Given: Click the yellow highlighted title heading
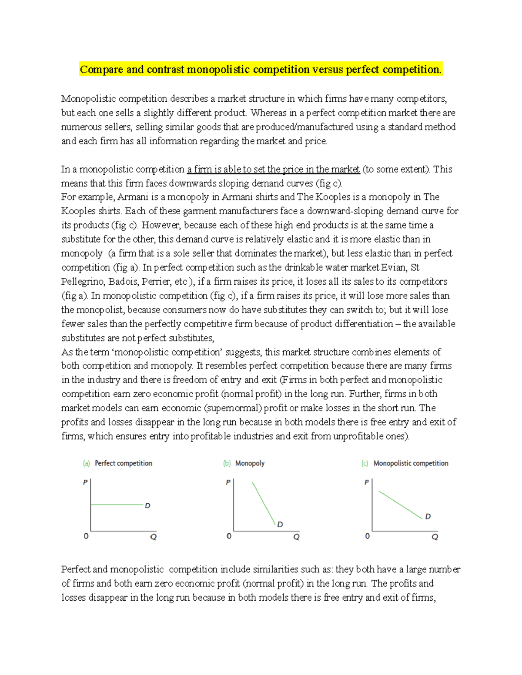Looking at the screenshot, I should (x=260, y=70).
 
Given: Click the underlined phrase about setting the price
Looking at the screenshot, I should (x=273, y=169).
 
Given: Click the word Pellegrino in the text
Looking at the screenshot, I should (x=83, y=282).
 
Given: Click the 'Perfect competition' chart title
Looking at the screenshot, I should (x=123, y=463).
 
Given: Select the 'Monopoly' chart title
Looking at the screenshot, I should (x=250, y=463).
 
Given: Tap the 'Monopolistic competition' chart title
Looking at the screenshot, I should (x=411, y=463).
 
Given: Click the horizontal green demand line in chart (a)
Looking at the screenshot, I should (x=117, y=505).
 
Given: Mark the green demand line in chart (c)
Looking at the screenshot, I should (x=400, y=505).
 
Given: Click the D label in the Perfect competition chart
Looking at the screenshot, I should (x=147, y=506).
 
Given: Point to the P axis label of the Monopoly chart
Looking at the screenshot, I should (x=228, y=482).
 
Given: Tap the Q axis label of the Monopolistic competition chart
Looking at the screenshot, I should (x=435, y=537).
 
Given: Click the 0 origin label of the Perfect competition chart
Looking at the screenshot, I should (x=86, y=536).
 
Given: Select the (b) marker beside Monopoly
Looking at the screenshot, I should (x=227, y=463).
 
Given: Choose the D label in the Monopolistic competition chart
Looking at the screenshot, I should (x=428, y=516).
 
